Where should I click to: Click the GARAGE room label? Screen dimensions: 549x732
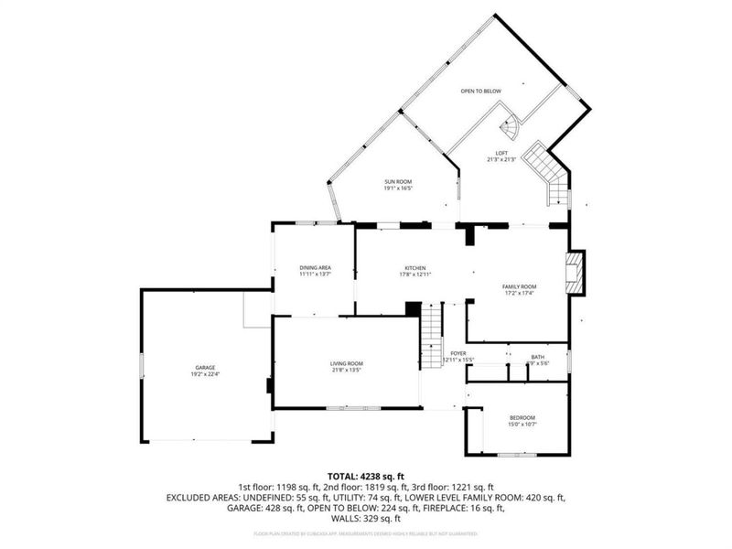coord(205,367)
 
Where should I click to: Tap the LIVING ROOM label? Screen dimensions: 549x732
coord(347,364)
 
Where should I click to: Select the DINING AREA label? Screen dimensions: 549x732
coord(315,267)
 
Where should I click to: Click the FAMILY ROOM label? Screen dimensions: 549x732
coord(518,286)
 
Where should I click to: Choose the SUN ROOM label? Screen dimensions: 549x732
coord(398,183)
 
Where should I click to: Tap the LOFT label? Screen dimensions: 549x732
coord(501,153)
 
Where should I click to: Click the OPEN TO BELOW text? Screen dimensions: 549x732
coord(480,91)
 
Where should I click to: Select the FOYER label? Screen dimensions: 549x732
coord(458,353)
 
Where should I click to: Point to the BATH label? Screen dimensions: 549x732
coord(538,357)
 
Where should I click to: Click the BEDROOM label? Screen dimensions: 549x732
coord(522,418)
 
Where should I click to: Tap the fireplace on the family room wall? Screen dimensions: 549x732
coord(574,274)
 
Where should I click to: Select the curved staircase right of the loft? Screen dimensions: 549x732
coord(546,169)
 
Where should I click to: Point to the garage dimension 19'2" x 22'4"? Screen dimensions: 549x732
coord(205,373)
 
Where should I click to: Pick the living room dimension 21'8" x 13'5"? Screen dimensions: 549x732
coord(347,371)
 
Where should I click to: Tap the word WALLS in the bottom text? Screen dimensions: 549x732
coord(344,518)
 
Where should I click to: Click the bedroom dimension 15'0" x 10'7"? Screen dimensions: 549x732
coord(522,425)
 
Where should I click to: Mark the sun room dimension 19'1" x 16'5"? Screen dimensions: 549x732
coord(398,189)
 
